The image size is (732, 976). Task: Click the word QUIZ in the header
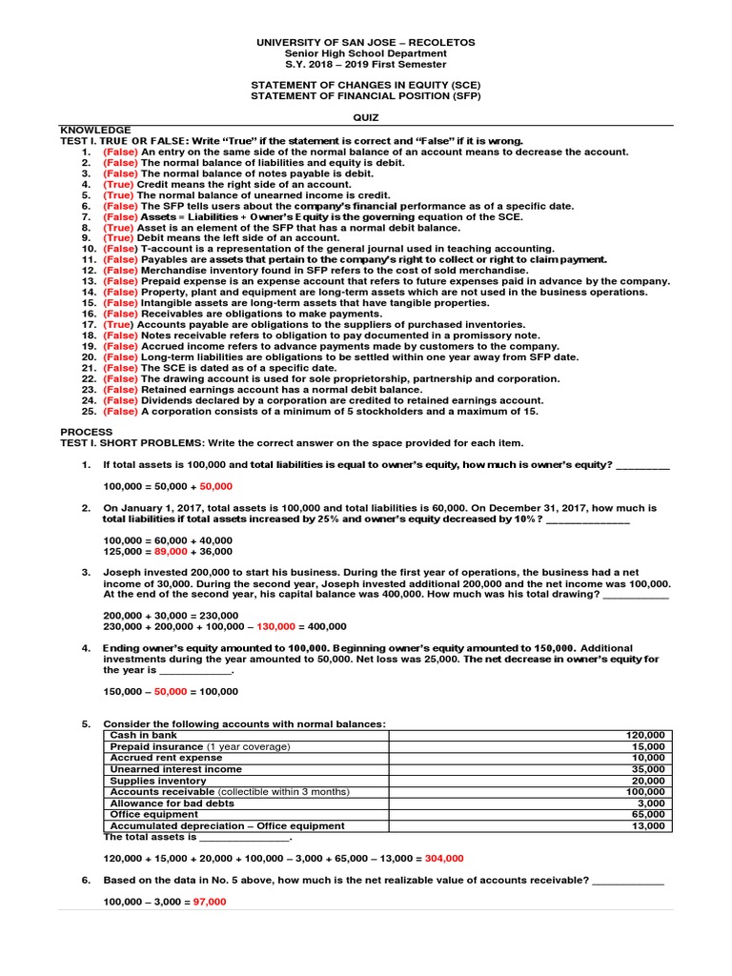click(x=366, y=117)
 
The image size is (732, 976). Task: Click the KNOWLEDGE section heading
click(x=95, y=130)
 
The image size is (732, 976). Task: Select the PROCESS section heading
click(x=87, y=432)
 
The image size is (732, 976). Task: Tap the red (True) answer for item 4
click(x=119, y=184)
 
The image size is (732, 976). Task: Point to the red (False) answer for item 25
click(x=121, y=412)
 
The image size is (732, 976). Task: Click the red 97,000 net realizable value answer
click(x=210, y=901)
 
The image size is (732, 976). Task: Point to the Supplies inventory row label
click(x=157, y=781)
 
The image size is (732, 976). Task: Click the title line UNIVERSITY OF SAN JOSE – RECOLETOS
click(x=366, y=43)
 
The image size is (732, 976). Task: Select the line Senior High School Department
click(x=366, y=53)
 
